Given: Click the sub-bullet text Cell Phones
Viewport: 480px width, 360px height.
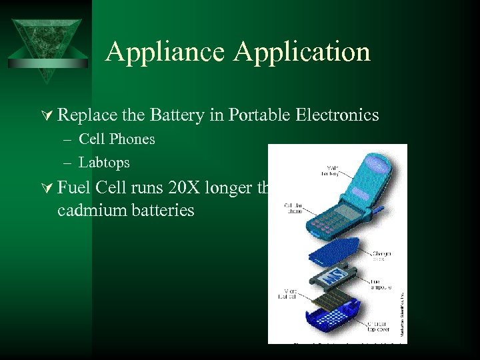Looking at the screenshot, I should (x=117, y=139).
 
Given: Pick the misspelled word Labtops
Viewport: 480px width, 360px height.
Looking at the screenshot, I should (x=104, y=162).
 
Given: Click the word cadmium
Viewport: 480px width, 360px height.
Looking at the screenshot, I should (x=89, y=210).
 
